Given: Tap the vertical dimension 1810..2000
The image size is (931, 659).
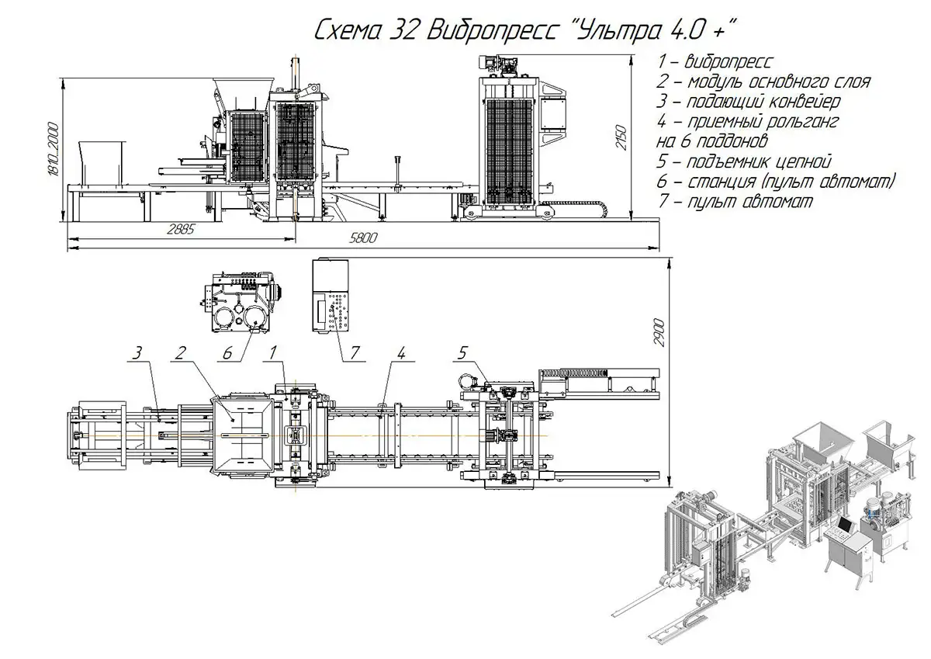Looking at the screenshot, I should click(53, 150).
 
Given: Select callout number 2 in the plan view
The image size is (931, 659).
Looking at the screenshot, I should click(179, 354).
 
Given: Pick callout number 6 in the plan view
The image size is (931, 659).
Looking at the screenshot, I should click(227, 353).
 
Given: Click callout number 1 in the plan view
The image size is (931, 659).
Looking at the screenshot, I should click(273, 354).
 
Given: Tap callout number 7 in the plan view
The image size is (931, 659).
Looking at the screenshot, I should click(354, 353).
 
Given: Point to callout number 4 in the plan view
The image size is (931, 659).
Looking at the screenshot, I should click(401, 353).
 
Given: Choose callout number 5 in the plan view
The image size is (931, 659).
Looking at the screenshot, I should click(462, 353).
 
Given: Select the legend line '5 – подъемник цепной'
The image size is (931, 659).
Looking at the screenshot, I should click(743, 162).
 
